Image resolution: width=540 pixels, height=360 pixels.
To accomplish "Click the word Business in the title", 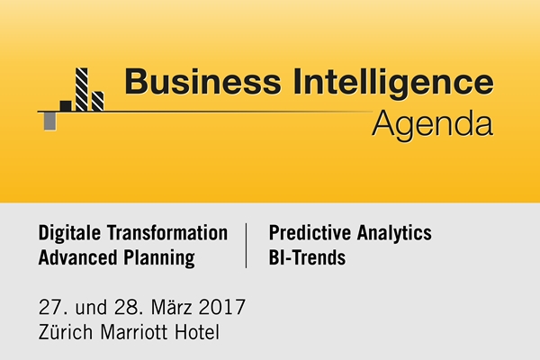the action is (x=202, y=82).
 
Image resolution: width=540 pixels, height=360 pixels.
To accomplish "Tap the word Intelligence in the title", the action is (x=393, y=84).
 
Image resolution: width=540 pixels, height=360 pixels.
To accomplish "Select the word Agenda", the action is (x=433, y=125).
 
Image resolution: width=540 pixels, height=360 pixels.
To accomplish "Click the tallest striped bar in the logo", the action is (x=82, y=90).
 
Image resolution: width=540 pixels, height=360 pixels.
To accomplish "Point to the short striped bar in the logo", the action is (x=98, y=102).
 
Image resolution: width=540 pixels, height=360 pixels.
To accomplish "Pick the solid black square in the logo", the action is (x=66, y=106).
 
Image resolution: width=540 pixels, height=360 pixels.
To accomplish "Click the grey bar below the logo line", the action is (x=49, y=121).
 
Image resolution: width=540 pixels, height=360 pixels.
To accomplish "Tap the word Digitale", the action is (x=70, y=233).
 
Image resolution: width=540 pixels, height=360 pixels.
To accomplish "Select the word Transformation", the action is (x=167, y=232).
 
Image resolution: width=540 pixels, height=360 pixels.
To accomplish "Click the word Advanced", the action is (x=78, y=257).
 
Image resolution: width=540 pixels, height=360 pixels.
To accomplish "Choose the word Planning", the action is (x=159, y=258).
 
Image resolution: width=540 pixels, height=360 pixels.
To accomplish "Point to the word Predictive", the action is (x=310, y=232).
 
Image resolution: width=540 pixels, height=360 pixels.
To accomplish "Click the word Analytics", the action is (x=394, y=233).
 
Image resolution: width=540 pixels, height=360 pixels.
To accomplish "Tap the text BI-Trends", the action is (x=307, y=257).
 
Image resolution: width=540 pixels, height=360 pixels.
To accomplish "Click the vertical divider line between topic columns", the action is (x=246, y=246).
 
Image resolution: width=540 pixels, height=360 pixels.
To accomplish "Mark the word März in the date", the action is (x=172, y=307).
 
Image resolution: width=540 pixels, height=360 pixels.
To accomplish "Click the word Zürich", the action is (x=66, y=331).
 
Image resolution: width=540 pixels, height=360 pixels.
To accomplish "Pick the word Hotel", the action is (x=197, y=332).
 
